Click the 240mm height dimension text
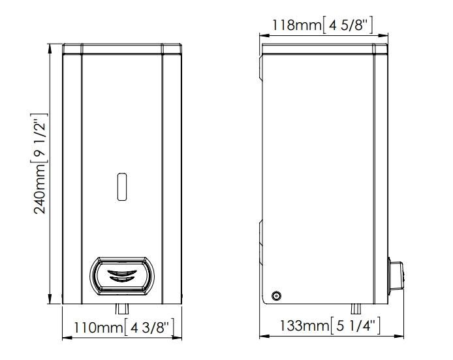pyautogui.click(x=40, y=189)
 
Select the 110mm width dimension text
pyautogui.click(x=99, y=327)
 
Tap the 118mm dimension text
pyautogui.click(x=296, y=25)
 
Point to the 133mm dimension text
pyautogui.click(x=304, y=325)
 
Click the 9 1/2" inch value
pyautogui.click(x=40, y=138)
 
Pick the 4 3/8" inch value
pyautogui.click(x=149, y=327)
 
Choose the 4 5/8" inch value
pyautogui.click(x=347, y=25)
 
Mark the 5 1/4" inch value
pyautogui.click(x=355, y=325)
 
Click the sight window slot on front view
pyautogui.click(x=122, y=187)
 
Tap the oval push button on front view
pyautogui.click(x=122, y=277)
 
